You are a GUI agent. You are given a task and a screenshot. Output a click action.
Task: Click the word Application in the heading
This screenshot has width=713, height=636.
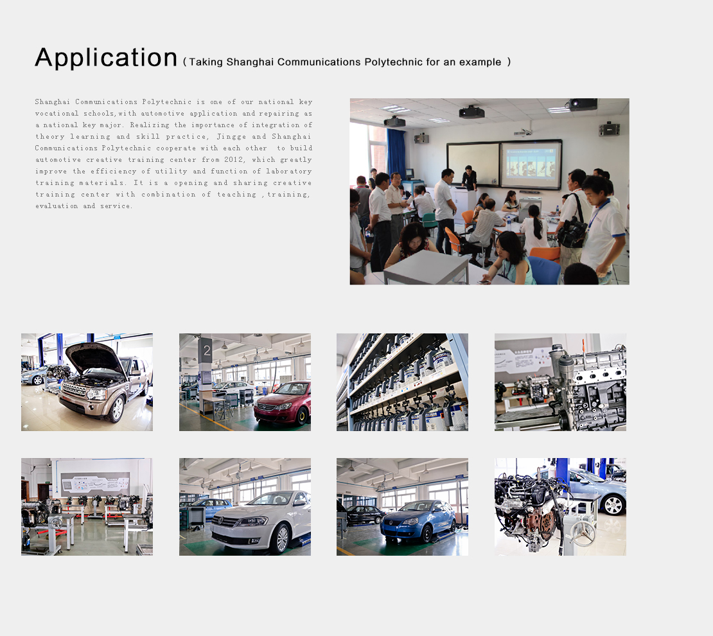pos(106,58)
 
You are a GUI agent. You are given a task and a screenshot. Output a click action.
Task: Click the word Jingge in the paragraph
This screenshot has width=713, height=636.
pos(231,136)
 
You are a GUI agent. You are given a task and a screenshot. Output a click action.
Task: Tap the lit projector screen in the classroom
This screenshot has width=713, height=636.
pos(531,165)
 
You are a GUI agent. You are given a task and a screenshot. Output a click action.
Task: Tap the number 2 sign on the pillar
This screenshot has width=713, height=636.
pos(206,350)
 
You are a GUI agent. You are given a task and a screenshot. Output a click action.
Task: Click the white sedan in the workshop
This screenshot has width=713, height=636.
pos(261,520)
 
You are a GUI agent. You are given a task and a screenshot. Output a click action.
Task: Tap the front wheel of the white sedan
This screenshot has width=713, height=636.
pos(282,538)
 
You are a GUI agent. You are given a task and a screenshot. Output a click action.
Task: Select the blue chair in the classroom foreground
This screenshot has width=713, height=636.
pos(543,270)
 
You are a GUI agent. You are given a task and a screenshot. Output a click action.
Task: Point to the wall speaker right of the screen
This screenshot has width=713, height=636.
pos(610,129)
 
